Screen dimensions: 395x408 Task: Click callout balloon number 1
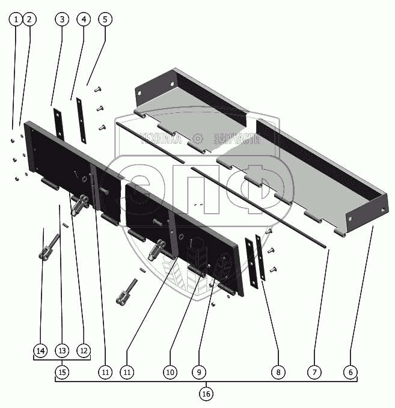(x=16, y=19)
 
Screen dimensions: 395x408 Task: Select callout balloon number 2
(x=29, y=19)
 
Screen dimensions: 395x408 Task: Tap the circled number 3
(x=62, y=19)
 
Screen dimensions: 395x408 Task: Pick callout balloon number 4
(x=84, y=19)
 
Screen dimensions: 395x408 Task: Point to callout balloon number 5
(x=105, y=19)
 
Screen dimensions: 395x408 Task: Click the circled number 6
(x=351, y=373)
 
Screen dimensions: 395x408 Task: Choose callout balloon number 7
(x=314, y=373)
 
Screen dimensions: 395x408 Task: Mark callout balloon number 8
(x=278, y=373)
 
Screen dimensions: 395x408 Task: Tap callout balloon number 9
(x=199, y=373)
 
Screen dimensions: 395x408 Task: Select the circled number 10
(x=170, y=373)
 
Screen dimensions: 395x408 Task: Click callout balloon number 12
(x=84, y=351)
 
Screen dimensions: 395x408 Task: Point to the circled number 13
(x=62, y=351)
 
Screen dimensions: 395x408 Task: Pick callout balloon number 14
(x=40, y=351)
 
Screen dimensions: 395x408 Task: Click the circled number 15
(x=62, y=373)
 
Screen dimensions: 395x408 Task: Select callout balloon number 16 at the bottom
(x=206, y=394)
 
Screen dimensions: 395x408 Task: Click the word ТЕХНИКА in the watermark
(x=161, y=138)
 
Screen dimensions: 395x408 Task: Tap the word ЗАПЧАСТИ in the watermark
(x=237, y=138)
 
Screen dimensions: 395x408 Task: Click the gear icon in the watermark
(x=198, y=138)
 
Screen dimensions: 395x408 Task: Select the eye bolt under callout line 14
(x=49, y=246)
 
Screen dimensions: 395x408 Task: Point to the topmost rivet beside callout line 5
(x=97, y=90)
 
